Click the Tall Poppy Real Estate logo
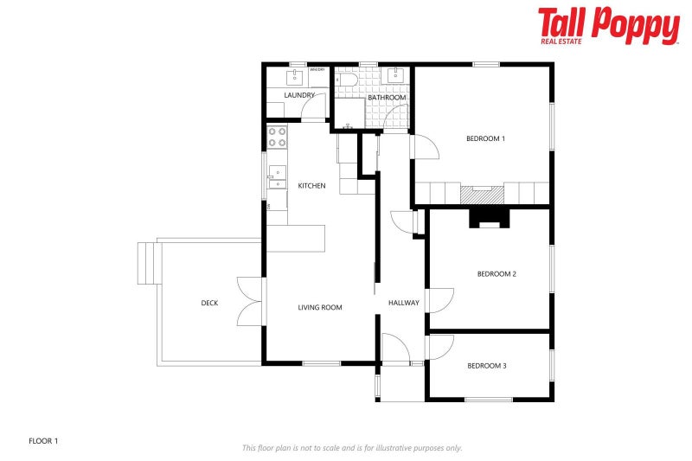point(608,26)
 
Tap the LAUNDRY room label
point(298,95)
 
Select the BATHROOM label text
point(387,98)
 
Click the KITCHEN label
point(311,186)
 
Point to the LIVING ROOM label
point(320,307)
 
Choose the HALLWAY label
point(403,303)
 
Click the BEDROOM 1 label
point(485,138)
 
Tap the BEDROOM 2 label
point(497,274)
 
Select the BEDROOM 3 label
point(486,366)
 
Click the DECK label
point(209,303)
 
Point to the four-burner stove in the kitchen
point(277,136)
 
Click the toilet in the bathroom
point(348,80)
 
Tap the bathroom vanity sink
point(396,75)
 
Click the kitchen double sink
point(277,177)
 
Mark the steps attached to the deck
point(149,263)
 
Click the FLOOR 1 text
point(43,441)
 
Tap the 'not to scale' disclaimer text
point(351,448)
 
